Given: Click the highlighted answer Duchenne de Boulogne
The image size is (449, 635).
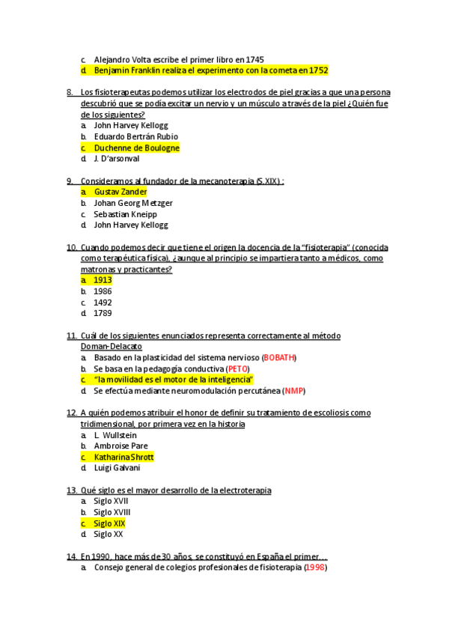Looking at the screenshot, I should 136,148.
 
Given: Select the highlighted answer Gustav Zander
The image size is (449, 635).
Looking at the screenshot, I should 120,192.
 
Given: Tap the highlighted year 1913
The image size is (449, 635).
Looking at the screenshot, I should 103,280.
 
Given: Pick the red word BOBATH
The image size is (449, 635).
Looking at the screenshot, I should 279,358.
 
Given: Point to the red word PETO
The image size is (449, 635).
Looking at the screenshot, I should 237,369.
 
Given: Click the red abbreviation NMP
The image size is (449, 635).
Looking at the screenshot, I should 295,391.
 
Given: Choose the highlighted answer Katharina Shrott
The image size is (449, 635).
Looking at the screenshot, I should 123,457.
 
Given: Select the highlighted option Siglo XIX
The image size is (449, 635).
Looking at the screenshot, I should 109,523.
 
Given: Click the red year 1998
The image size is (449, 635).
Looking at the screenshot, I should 315,568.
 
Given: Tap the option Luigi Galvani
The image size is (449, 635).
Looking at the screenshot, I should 117,468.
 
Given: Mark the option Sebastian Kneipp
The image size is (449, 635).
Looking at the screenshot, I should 125,214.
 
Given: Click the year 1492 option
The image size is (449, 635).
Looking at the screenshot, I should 103,303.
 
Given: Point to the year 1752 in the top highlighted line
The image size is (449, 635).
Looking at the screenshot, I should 318,70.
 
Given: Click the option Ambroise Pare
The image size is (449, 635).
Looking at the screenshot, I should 120,446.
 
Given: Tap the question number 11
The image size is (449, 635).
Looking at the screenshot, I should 72,336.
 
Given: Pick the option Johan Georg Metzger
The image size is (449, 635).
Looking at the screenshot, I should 133,203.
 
